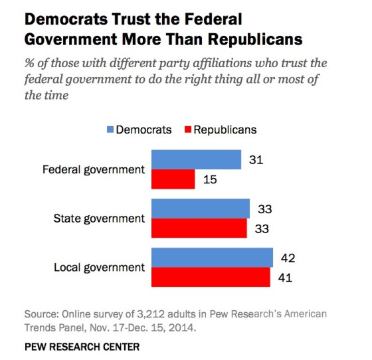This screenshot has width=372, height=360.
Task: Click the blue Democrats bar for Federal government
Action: coord(197,159)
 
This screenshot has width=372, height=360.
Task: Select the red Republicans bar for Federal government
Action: coord(173,179)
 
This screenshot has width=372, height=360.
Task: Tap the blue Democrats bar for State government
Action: coord(201,209)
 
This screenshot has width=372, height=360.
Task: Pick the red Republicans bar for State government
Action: coord(200,228)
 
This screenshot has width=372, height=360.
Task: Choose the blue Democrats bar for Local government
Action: coord(213,257)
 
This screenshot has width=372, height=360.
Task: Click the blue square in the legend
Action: coord(110,130)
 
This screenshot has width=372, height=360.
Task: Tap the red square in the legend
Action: coord(187,130)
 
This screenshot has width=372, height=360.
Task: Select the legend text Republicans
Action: coord(225,130)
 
